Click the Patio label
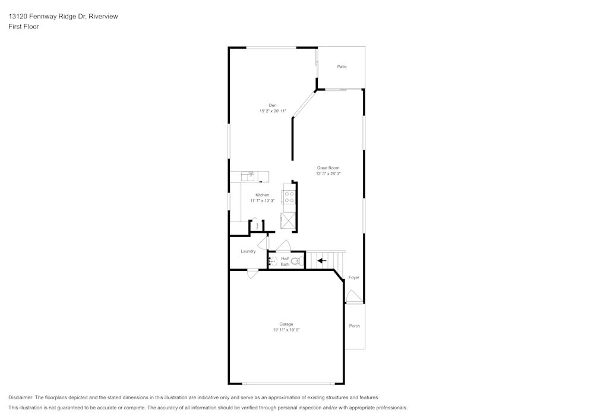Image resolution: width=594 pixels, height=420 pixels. (342, 67)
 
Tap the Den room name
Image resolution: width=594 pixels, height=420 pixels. (273, 105)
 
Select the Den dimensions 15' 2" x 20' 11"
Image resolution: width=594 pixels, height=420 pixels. (273, 111)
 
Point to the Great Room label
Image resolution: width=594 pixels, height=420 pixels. (328, 168)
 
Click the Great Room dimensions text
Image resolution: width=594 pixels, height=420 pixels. (328, 174)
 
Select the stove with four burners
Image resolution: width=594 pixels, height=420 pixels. (289, 196)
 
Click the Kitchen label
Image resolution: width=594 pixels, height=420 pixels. (262, 195)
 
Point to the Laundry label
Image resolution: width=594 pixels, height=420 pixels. (248, 251)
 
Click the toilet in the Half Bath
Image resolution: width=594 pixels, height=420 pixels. (297, 260)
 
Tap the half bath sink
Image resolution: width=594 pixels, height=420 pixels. (273, 261)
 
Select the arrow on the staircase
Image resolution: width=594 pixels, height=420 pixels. (322, 260)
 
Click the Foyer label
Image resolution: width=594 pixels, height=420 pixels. (353, 277)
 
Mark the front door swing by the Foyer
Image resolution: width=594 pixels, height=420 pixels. (353, 296)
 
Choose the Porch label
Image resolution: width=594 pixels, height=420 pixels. (354, 326)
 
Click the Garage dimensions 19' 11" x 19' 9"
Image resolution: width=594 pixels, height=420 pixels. (286, 330)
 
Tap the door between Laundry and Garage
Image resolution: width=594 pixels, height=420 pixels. (252, 274)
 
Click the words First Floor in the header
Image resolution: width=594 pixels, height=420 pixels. (24, 27)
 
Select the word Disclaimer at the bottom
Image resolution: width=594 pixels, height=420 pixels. (21, 397)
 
